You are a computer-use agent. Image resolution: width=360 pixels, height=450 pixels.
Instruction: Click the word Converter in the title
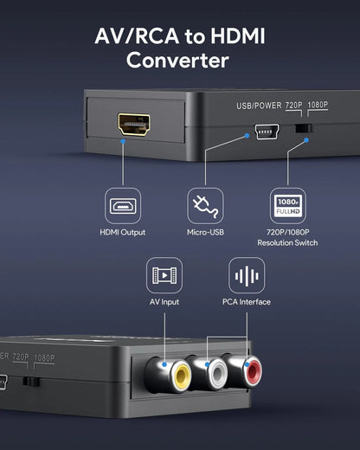pos(177,61)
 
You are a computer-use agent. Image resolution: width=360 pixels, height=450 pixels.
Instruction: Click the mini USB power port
pos(261,132)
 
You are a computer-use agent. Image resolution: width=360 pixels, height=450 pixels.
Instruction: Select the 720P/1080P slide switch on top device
pos(302,129)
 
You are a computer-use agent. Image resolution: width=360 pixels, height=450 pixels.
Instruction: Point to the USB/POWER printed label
pos(258,106)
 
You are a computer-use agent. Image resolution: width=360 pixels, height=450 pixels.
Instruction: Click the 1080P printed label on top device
pos(318,106)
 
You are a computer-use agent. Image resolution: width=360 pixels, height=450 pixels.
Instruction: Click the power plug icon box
pos(205,206)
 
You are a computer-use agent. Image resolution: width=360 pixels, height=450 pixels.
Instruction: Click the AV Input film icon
pos(164,276)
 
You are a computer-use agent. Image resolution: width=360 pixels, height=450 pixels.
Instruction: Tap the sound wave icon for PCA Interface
pos(247,276)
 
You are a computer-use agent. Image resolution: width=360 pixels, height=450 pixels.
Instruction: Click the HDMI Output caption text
pos(123,232)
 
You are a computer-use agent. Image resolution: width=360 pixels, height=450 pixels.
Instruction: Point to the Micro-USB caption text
pos(205,232)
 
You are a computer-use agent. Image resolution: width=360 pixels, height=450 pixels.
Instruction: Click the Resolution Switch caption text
pos(287,243)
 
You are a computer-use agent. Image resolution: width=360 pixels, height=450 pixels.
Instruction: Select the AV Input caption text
pos(164,302)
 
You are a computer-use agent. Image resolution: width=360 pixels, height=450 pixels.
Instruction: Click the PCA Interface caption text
pos(247,302)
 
